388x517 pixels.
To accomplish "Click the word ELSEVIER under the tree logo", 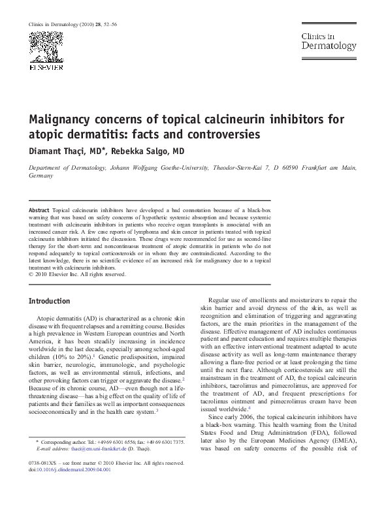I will [x=46, y=67].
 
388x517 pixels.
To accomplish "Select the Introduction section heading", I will [x=50, y=301].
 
